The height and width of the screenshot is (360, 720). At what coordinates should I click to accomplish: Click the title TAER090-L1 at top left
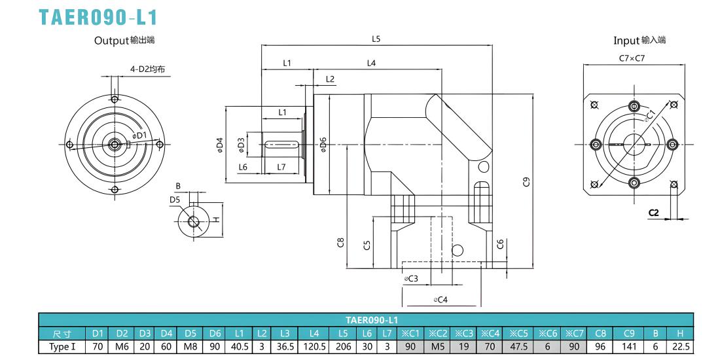(x=98, y=17)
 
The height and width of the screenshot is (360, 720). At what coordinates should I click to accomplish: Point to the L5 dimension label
(x=376, y=39)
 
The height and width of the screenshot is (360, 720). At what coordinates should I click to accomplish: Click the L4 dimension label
(x=372, y=63)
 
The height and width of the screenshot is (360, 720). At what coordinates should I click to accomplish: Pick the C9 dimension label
(x=527, y=182)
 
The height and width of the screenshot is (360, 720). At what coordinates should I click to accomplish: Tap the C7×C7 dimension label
(x=632, y=58)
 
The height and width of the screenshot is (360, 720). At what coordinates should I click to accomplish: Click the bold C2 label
(x=653, y=213)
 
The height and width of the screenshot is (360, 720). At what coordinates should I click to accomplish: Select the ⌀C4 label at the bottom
(x=441, y=300)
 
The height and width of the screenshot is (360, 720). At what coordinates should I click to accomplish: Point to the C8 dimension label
(x=340, y=243)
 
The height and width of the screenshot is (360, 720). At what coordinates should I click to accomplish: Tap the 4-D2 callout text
(x=147, y=70)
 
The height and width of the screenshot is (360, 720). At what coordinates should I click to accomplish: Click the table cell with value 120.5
(x=314, y=347)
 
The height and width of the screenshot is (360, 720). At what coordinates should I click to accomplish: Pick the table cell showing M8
(x=190, y=347)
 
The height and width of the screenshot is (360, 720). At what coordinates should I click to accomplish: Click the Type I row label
(x=62, y=347)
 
